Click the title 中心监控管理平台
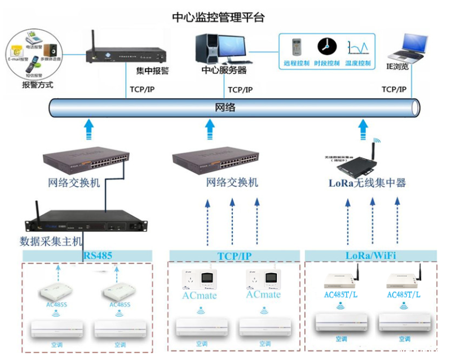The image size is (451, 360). click(x=218, y=17)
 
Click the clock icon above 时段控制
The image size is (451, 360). click(x=325, y=46)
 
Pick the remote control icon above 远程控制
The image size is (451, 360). click(x=297, y=47)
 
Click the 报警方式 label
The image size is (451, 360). click(x=37, y=85)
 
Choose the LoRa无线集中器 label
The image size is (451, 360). click(x=367, y=183)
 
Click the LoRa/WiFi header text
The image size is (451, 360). click(x=370, y=256)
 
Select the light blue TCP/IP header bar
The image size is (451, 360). click(x=234, y=256)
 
